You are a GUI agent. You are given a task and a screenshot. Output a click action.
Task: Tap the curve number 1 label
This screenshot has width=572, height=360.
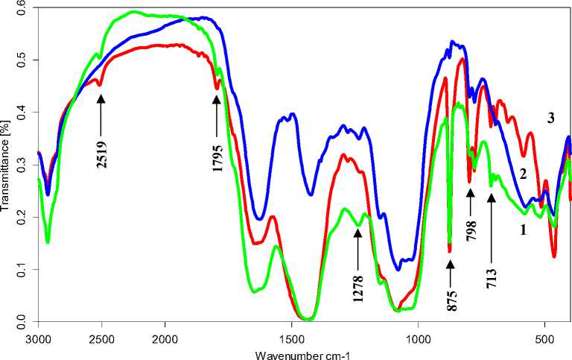[x=523, y=230]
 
